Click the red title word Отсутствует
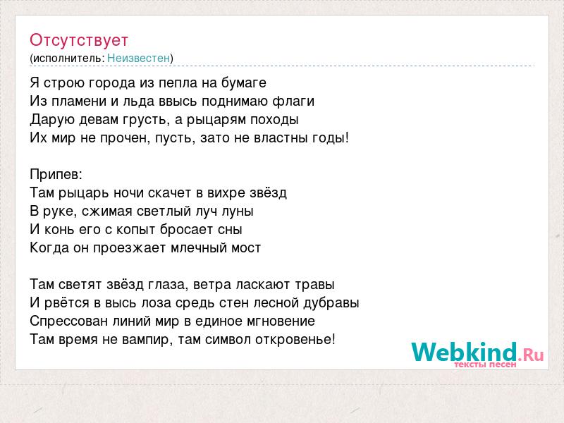[79, 40]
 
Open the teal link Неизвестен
[138, 58]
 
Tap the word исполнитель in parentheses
[68, 59]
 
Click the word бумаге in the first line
[244, 82]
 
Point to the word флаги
[293, 101]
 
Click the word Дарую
[52, 119]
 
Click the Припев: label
[56, 174]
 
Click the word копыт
[136, 230]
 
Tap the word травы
[314, 285]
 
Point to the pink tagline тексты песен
[485, 364]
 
